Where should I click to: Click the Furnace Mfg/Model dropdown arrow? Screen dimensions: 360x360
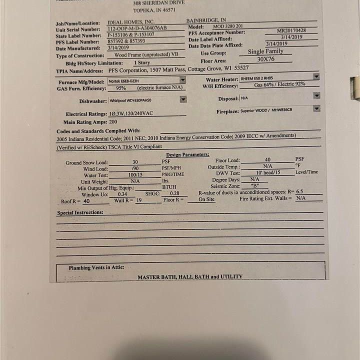[182, 80]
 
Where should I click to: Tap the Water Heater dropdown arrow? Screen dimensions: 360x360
[316, 76]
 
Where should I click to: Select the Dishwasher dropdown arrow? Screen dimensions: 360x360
[183, 99]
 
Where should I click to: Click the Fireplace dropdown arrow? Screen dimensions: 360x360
[316, 108]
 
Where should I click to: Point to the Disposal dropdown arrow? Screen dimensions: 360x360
[316, 95]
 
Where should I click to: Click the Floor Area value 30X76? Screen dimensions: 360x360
[265, 59]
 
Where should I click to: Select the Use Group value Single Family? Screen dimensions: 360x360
[265, 51]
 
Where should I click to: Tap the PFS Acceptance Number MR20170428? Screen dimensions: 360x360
[291, 30]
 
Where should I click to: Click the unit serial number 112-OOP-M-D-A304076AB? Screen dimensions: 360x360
[137, 28]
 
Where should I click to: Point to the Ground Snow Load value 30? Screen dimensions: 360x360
[135, 162]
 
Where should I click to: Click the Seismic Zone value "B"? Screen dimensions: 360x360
[255, 185]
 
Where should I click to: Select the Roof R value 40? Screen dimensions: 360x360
[86, 201]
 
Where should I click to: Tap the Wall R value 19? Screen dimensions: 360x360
[139, 200]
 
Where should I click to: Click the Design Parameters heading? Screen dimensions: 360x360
[187, 155]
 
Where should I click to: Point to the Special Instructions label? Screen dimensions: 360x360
[80, 212]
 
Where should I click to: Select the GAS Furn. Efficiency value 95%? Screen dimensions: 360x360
[120, 88]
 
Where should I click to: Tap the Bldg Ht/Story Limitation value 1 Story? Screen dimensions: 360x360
[141, 63]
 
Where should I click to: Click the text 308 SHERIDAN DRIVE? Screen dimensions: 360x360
[159, 3]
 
